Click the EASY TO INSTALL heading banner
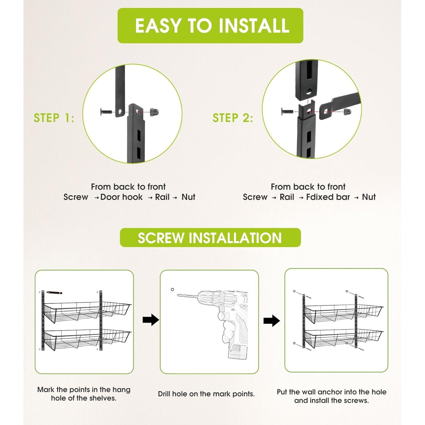pos(210,25)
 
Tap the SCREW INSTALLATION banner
pos(210,237)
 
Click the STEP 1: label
pos(54,118)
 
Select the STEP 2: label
pos(233,118)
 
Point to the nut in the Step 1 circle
pos(154,112)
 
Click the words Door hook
pos(122,197)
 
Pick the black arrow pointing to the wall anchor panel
pos(271,321)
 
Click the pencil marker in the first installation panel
pos(54,292)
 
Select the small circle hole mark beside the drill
pos(172,289)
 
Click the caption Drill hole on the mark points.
pos(206,394)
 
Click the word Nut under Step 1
pos(188,197)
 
